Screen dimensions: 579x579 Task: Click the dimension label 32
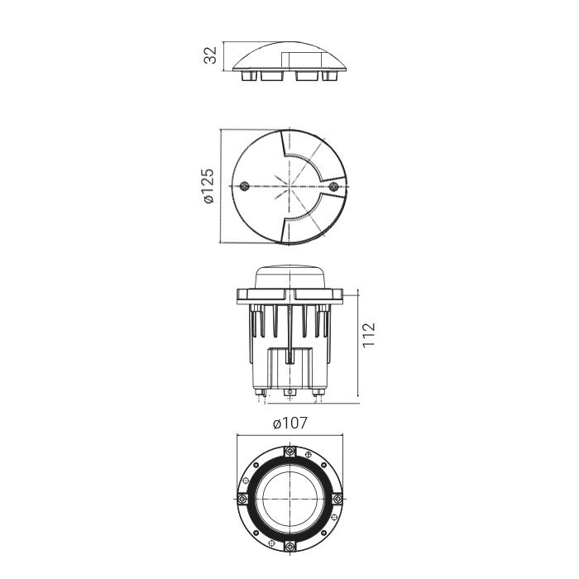[x=210, y=55]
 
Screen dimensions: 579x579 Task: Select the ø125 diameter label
[x=208, y=186]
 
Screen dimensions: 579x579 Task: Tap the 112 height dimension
[x=369, y=334]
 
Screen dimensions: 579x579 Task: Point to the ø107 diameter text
[x=289, y=423]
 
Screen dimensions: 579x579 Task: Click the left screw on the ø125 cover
[x=244, y=186]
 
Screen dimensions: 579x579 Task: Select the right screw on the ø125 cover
[x=333, y=186]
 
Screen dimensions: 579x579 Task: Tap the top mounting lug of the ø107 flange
[x=290, y=451]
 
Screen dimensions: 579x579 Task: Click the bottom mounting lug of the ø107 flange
[x=290, y=546]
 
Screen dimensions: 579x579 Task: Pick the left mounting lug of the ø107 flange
[x=242, y=499]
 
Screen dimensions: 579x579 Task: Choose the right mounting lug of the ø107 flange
[x=337, y=499]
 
